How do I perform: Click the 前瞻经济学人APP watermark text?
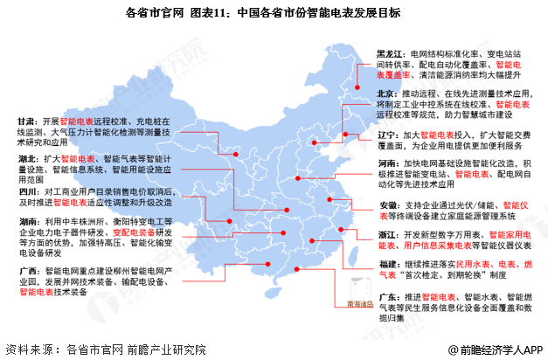pos(503,348)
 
